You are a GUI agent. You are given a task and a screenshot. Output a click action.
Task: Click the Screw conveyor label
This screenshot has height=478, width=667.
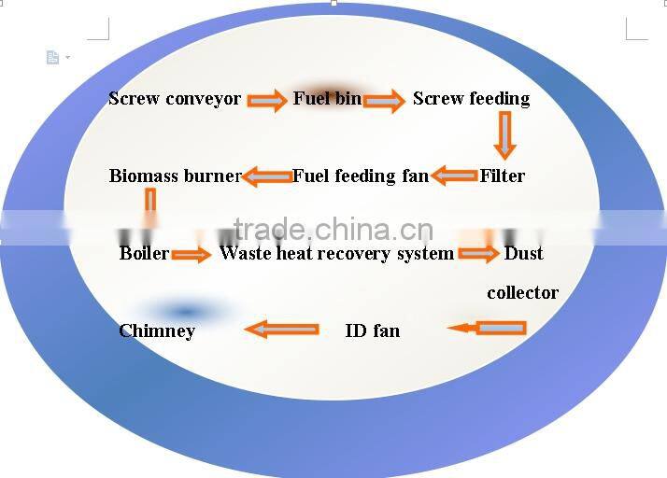(x=175, y=99)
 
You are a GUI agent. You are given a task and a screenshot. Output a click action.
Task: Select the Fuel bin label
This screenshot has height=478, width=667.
(x=327, y=98)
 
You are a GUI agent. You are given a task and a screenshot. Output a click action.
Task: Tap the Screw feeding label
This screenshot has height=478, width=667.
(x=471, y=99)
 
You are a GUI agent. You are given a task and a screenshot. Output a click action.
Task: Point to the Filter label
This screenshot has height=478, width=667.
(x=503, y=176)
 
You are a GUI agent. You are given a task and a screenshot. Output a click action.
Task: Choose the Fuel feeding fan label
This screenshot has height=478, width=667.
(x=361, y=176)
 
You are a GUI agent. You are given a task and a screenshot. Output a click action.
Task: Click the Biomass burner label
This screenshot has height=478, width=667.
(x=175, y=176)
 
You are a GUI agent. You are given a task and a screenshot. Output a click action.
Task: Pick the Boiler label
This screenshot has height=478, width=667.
(x=144, y=253)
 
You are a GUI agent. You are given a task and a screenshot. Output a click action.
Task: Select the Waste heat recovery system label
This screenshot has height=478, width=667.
(x=336, y=253)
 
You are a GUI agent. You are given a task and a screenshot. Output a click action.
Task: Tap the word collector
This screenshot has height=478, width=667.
(x=522, y=292)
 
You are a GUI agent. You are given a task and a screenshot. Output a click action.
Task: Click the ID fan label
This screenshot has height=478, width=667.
(x=372, y=330)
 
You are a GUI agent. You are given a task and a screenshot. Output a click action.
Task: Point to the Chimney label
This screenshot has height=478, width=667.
(x=157, y=330)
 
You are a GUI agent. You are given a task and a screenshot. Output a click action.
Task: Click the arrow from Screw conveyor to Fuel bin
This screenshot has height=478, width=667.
(x=267, y=101)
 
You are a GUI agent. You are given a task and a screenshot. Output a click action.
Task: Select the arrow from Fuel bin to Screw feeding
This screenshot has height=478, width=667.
(x=384, y=101)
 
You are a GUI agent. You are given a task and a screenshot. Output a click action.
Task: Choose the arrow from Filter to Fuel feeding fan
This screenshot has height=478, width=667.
(x=455, y=176)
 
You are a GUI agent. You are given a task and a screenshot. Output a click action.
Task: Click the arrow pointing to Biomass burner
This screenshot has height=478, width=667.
(x=267, y=176)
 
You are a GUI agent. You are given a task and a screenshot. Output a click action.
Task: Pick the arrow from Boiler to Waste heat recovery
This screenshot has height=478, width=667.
(x=192, y=255)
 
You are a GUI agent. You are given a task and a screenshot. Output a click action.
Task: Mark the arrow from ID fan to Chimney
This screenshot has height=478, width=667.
(x=281, y=329)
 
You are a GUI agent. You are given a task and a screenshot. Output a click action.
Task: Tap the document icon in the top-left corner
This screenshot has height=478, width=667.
(x=53, y=58)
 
